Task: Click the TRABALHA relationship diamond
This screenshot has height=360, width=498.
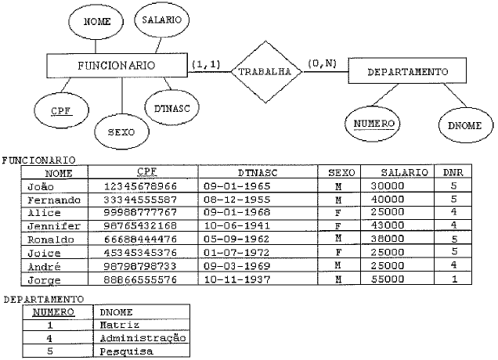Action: click(x=265, y=71)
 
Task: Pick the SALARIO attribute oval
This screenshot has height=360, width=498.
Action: click(x=161, y=19)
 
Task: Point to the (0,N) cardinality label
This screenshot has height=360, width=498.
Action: click(x=322, y=63)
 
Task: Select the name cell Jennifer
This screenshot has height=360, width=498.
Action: click(x=51, y=225)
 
